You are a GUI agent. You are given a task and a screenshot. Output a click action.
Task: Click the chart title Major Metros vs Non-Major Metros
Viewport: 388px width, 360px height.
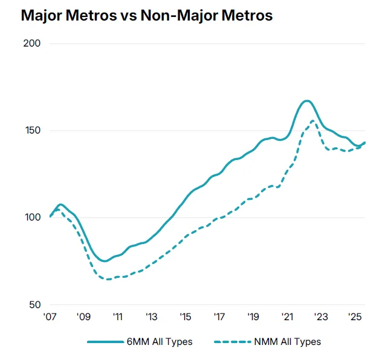[146, 16]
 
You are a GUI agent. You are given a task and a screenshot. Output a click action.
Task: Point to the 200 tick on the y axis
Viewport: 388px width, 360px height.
[33, 43]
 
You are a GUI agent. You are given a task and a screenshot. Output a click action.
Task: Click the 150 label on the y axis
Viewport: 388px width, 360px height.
[33, 130]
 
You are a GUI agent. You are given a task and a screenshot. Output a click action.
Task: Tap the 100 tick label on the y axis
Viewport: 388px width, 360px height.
[33, 217]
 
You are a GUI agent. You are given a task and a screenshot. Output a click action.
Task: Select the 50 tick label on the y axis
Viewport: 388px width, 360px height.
[36, 304]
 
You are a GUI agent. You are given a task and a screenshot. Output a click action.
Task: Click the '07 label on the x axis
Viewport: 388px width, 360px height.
[50, 317]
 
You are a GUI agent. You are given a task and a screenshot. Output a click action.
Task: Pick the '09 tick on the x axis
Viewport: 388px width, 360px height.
[83, 317]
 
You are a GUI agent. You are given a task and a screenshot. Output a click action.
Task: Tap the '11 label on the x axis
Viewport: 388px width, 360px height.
[117, 317]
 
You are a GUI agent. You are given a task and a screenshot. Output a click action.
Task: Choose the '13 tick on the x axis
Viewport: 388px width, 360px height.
[151, 317]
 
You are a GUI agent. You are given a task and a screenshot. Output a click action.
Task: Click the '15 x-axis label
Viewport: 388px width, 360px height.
[185, 317]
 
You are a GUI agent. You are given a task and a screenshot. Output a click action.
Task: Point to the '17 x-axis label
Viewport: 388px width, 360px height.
[219, 317]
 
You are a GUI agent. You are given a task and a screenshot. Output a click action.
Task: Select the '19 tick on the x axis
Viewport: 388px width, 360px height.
[253, 317]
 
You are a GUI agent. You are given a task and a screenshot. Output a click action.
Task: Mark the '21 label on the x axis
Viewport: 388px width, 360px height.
[287, 317]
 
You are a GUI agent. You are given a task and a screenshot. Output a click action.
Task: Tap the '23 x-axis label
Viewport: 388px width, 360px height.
[320, 317]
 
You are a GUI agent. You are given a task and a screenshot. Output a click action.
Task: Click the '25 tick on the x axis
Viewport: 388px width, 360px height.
[354, 317]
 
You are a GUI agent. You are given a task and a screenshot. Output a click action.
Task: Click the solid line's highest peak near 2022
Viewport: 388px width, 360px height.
[306, 101]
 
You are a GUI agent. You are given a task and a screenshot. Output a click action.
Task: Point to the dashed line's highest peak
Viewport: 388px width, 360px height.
[313, 121]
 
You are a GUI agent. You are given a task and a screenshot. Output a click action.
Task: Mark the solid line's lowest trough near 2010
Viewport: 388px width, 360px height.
[105, 261]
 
